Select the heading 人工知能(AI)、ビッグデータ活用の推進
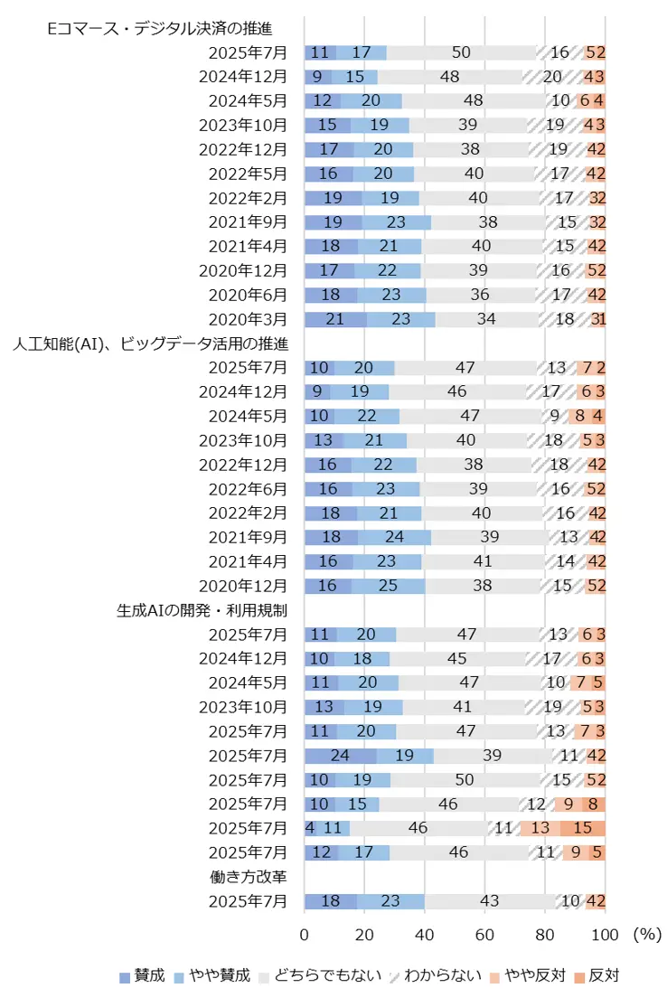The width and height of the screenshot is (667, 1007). coord(150,343)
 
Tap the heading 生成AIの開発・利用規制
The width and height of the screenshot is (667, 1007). coord(202,609)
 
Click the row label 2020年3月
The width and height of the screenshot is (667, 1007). coord(248,319)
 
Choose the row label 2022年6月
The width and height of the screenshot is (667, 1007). coord(248,488)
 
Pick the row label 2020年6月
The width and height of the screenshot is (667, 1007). coord(248,295)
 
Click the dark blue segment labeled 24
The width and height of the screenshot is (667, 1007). coord(340,755)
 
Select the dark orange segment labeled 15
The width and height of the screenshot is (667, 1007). coord(583,828)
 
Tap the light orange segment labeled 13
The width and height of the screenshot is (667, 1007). coord(540,828)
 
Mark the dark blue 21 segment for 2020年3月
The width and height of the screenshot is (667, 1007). coord(335,319)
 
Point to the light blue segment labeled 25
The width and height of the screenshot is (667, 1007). coord(389,585)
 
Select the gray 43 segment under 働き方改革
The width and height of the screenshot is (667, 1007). coord(489,900)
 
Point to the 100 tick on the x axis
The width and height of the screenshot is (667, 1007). coord(606,932)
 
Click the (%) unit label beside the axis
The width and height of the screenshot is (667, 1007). coord(647,932)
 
